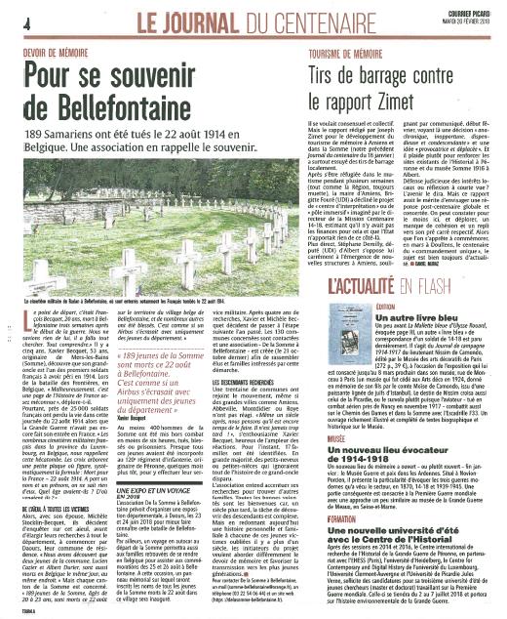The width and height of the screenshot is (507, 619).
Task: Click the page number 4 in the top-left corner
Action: click(10, 21)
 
